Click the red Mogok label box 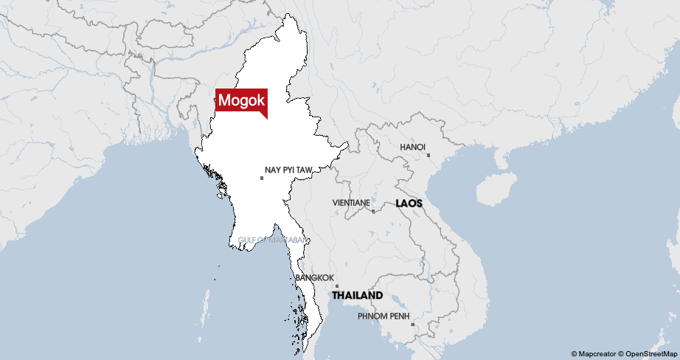[240, 100]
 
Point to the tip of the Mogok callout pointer [266, 117]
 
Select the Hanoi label [412, 147]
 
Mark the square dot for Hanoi [428, 155]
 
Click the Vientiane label [351, 202]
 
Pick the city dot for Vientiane [373, 211]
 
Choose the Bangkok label [314, 277]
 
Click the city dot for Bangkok [337, 285]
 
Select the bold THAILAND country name [357, 295]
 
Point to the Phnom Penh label [383, 316]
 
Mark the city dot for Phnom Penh [412, 324]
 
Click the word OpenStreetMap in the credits [651, 354]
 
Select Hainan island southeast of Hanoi [494, 189]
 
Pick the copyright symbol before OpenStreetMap [621, 354]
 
